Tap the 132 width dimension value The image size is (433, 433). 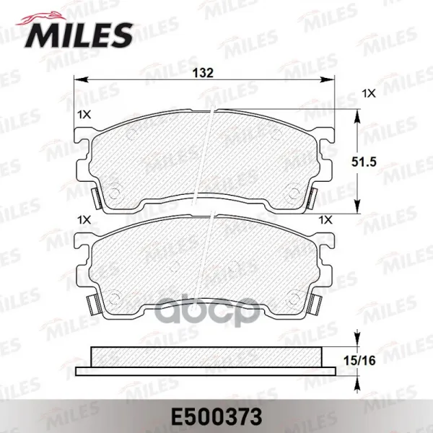click(x=203, y=73)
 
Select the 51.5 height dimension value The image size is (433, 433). click(x=364, y=162)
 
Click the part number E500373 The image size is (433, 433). click(x=216, y=417)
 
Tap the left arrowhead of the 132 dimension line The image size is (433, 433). click(x=81, y=80)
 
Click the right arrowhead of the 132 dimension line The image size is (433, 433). click(x=327, y=80)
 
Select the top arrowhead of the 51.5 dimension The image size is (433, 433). click(x=357, y=116)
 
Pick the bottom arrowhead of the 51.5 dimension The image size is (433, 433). click(x=357, y=206)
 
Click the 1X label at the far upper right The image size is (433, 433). click(x=369, y=94)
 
